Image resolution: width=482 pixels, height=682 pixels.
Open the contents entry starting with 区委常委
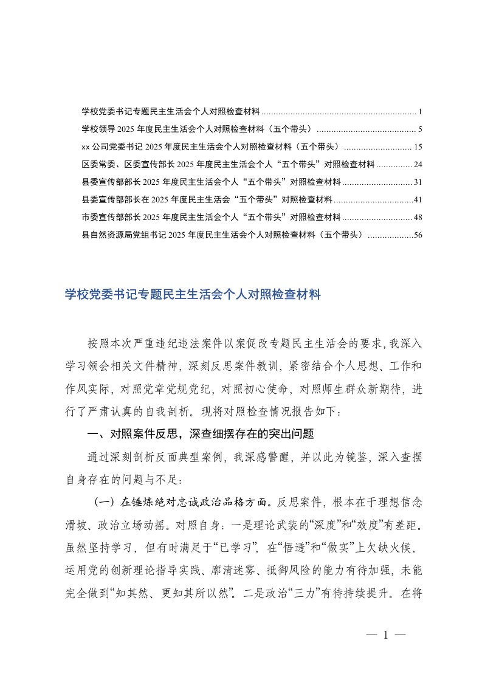(228, 164)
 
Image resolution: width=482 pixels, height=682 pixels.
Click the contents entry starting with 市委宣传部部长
(210, 217)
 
